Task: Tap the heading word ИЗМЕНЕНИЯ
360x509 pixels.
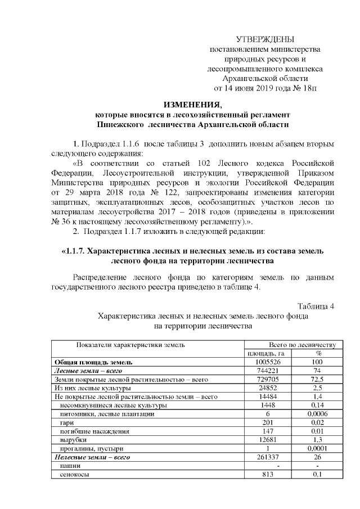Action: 193,104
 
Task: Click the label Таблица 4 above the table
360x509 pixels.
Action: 316,306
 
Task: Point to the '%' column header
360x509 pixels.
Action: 318,353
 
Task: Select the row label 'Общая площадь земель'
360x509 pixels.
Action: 93,362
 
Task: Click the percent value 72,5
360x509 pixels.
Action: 318,380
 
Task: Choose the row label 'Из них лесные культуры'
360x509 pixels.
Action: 92,388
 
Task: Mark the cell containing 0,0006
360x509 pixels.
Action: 318,414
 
